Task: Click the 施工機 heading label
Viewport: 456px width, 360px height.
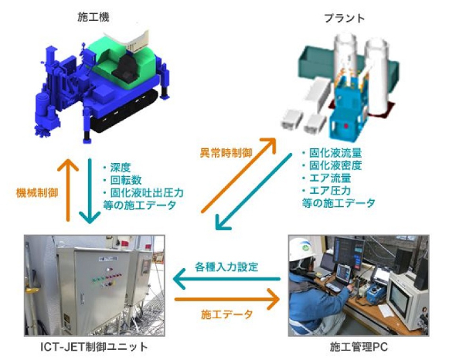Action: point(94,18)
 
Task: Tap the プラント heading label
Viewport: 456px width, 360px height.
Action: point(345,19)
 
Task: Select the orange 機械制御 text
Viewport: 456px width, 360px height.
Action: point(37,193)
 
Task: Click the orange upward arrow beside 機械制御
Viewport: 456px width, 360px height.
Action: point(68,190)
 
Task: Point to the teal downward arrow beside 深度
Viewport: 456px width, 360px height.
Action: point(90,191)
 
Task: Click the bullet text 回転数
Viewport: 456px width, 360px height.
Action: point(126,180)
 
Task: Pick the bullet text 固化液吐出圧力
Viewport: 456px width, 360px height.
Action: point(147,192)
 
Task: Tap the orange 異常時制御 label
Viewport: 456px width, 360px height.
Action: point(226,153)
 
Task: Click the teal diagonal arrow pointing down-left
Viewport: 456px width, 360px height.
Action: point(254,192)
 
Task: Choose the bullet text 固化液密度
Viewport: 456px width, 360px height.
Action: point(335,165)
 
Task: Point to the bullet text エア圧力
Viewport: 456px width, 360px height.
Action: point(330,191)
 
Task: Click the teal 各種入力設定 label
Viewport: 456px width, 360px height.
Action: point(226,267)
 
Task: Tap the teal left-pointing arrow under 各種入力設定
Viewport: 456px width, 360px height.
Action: point(226,279)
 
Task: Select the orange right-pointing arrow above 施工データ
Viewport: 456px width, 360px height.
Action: point(227,299)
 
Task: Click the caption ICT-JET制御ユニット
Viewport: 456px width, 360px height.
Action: point(94,347)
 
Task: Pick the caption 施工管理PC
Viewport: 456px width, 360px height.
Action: point(359,347)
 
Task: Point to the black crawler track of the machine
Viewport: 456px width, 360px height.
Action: point(125,112)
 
